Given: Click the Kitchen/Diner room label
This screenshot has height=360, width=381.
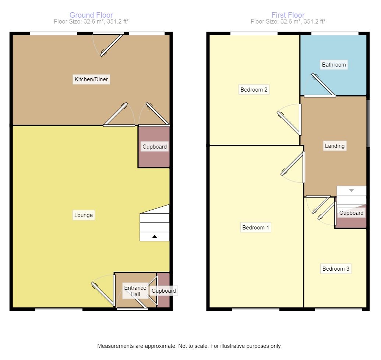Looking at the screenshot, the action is click(x=91, y=79).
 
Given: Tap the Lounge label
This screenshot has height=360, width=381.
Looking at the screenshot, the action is click(x=84, y=215).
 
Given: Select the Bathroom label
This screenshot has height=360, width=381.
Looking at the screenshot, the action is click(x=334, y=65).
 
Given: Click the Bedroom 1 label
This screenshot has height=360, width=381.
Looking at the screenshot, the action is click(x=255, y=228).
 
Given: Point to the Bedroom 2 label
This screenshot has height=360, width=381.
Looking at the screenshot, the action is click(x=254, y=89).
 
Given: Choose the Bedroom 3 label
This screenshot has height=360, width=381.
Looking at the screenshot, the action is click(x=336, y=269).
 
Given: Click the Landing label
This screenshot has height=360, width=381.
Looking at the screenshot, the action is click(x=335, y=146).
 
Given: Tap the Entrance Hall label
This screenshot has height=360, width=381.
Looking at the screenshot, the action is click(x=135, y=291).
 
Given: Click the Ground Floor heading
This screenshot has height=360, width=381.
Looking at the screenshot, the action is click(x=91, y=15).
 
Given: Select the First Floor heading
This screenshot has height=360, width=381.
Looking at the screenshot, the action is click(x=288, y=15).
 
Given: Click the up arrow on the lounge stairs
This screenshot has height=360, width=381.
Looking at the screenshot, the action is click(x=155, y=237).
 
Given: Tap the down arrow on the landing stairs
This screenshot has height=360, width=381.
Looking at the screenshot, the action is click(x=351, y=190).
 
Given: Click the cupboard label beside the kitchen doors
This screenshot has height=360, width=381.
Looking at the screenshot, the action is click(x=155, y=147).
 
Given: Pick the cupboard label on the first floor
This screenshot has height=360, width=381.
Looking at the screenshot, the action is click(x=351, y=213).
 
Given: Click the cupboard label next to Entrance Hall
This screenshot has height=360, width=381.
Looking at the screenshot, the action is click(x=164, y=291).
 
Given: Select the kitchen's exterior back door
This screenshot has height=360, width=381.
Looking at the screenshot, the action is click(x=110, y=45).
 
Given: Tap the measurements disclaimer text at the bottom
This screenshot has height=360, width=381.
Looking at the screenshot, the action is click(x=189, y=346).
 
